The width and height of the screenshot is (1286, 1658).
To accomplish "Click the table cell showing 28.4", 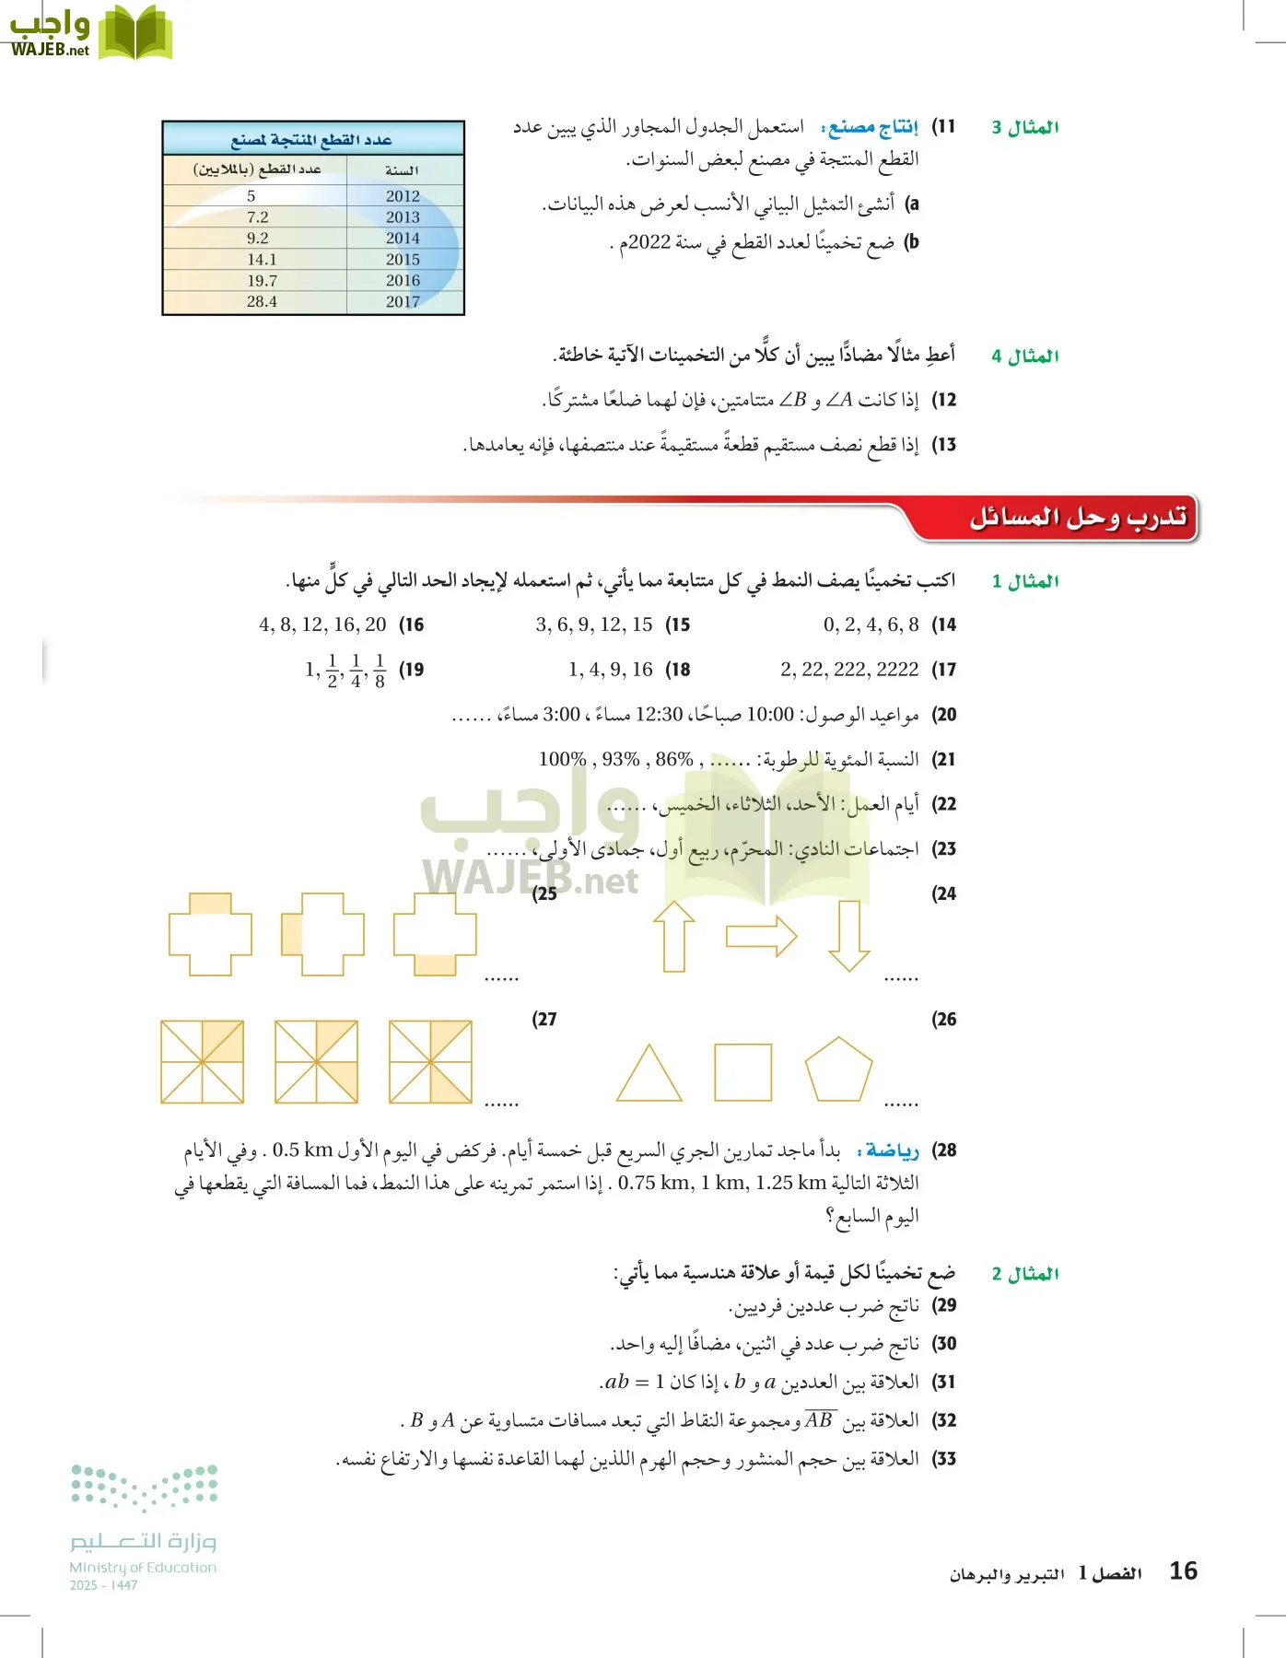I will click(262, 301).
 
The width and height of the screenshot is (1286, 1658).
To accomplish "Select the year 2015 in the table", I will click(403, 260).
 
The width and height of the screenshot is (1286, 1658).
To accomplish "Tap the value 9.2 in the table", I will click(258, 238).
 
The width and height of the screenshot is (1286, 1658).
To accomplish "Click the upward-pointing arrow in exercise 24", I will click(674, 936).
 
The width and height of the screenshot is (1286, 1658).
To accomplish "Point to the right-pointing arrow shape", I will click(761, 937).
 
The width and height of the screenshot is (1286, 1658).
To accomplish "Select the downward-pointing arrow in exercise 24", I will click(848, 936).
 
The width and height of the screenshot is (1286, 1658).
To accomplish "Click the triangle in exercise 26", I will click(649, 1074).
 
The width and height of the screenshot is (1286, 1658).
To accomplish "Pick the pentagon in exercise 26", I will click(838, 1070).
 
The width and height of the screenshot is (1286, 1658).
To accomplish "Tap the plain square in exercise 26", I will click(742, 1072).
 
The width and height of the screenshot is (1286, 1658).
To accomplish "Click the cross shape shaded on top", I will click(210, 934).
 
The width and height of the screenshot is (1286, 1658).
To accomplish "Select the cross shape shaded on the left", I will click(322, 934).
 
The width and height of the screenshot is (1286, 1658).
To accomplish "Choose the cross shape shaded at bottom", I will click(435, 934).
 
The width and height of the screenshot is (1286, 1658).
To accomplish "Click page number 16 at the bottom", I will click(1183, 1570).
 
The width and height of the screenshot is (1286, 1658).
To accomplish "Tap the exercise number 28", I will click(944, 1150).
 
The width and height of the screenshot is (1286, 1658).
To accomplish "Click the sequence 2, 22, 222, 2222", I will click(848, 670).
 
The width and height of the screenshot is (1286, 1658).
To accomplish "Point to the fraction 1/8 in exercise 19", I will click(380, 671).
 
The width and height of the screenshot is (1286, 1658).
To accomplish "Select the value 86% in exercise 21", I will click(674, 759).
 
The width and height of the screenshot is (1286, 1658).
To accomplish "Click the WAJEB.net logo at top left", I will click(88, 33).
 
